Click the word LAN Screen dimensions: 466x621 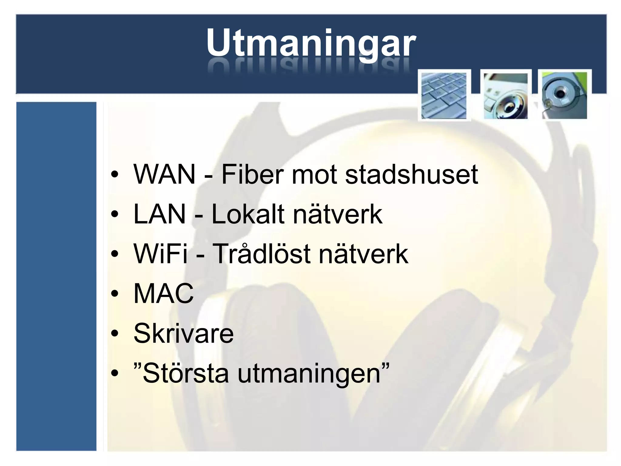(159, 214)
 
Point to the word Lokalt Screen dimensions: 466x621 (248, 214)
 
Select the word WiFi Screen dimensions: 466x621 (161, 254)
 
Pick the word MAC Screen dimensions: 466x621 (163, 294)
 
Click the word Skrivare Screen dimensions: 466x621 (183, 333)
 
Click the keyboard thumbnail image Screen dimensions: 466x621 (444, 96)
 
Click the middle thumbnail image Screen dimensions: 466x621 (505, 96)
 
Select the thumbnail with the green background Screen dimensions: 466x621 (564, 96)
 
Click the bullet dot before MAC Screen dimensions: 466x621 (114, 294)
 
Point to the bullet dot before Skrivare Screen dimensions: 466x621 (114, 333)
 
